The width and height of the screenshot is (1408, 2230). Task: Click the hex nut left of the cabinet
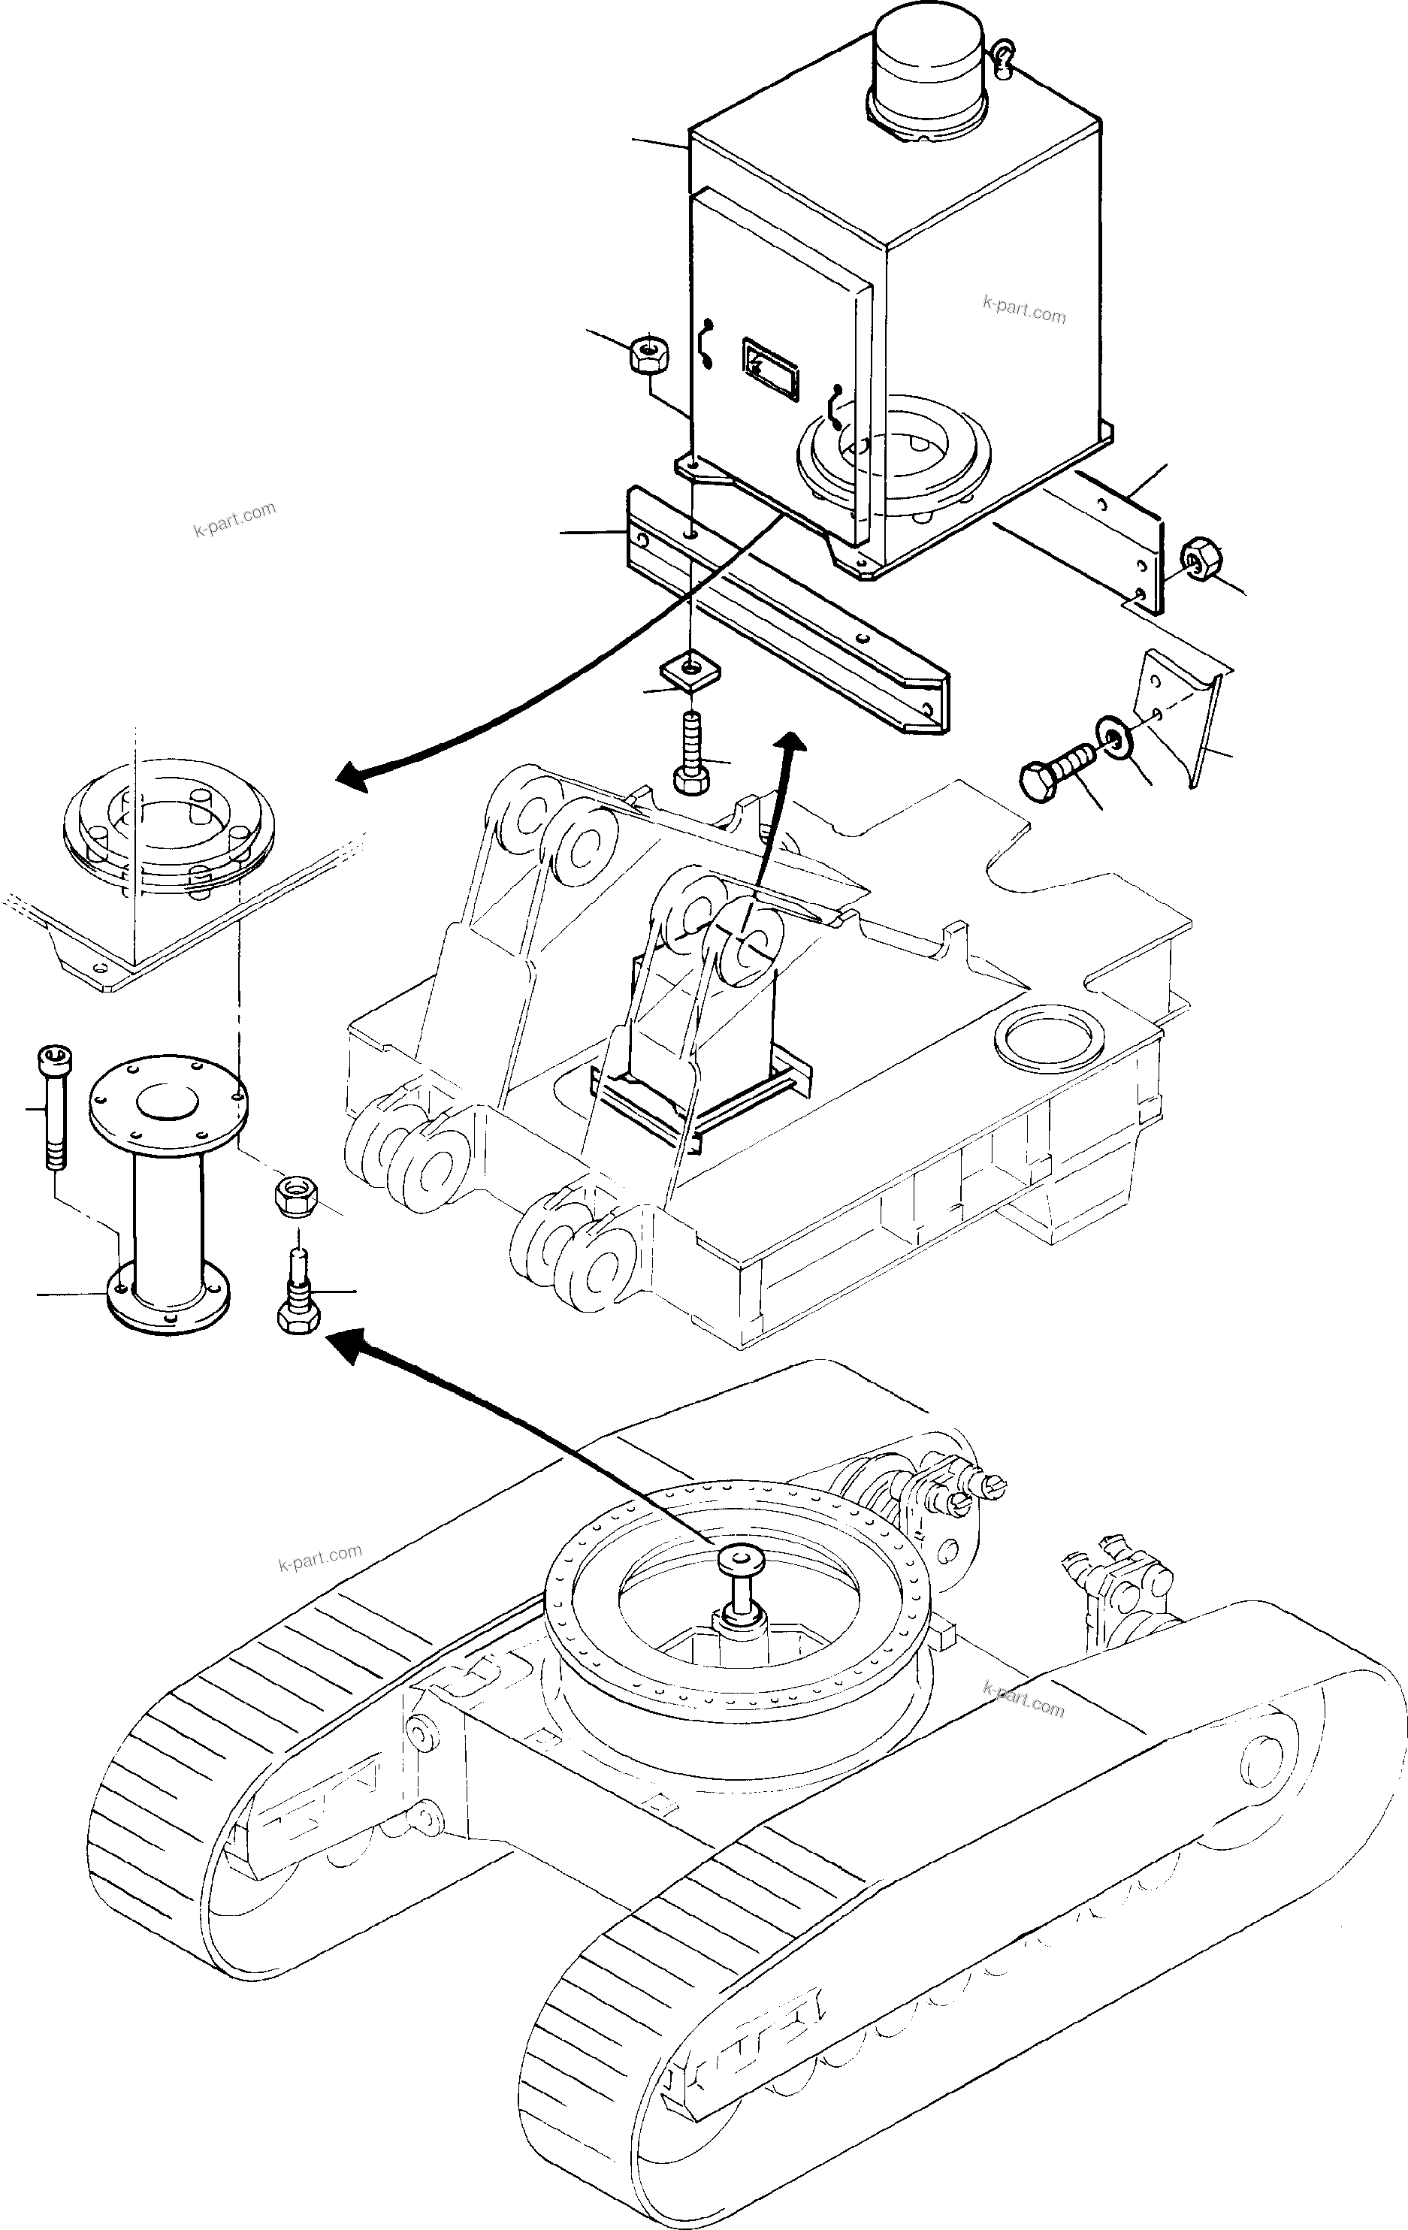click(x=648, y=355)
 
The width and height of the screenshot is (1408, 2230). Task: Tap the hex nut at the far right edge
click(x=1201, y=559)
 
